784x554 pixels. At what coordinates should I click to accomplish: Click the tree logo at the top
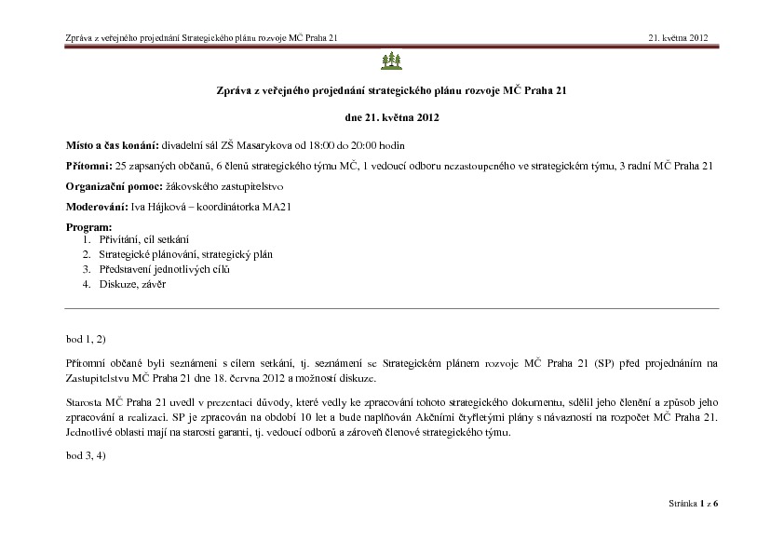[391, 61]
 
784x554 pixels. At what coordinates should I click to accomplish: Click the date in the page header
[679, 38]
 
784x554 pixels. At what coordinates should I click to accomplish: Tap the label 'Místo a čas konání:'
[113, 146]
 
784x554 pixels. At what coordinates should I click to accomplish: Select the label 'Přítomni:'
[89, 166]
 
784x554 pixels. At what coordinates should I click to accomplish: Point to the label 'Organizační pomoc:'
[109, 186]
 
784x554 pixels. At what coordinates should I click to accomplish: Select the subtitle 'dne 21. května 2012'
[391, 118]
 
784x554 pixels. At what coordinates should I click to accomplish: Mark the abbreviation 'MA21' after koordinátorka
[276, 207]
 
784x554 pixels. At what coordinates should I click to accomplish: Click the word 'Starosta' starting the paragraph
[85, 400]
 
